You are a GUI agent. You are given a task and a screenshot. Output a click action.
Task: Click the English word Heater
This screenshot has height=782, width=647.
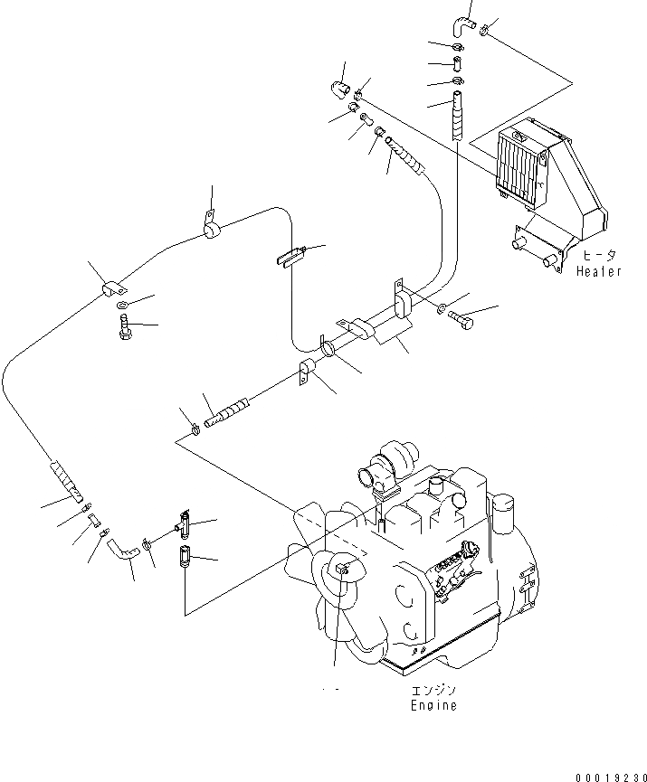coord(600,271)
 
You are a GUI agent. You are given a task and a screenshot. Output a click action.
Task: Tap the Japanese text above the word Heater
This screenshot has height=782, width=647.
coord(598,256)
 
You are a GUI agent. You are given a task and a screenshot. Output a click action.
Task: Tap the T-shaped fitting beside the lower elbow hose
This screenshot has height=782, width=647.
coord(180,523)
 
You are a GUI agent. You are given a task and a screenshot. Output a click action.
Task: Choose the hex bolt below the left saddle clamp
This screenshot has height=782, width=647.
coord(125,329)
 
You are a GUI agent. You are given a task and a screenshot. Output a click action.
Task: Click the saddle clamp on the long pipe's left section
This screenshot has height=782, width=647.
coord(112,289)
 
